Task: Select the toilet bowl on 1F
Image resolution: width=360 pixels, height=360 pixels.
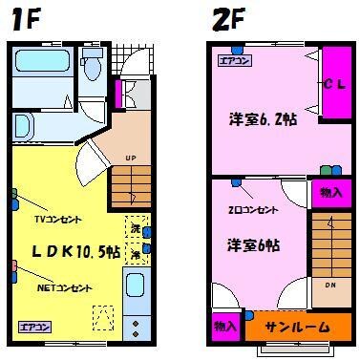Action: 92,67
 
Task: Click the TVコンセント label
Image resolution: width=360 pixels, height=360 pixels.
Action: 56,219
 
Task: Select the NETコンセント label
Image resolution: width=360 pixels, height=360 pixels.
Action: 65,287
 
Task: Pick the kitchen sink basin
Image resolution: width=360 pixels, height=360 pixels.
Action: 135,286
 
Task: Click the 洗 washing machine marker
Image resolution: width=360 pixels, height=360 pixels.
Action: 136,230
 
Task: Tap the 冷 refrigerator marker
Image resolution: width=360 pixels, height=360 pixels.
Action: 136,255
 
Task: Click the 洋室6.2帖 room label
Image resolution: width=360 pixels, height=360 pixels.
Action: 261,121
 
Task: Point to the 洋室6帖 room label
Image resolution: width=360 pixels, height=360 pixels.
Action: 254,245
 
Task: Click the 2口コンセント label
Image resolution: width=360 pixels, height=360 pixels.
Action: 253,209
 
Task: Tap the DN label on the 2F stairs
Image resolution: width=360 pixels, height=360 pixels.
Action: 328,284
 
